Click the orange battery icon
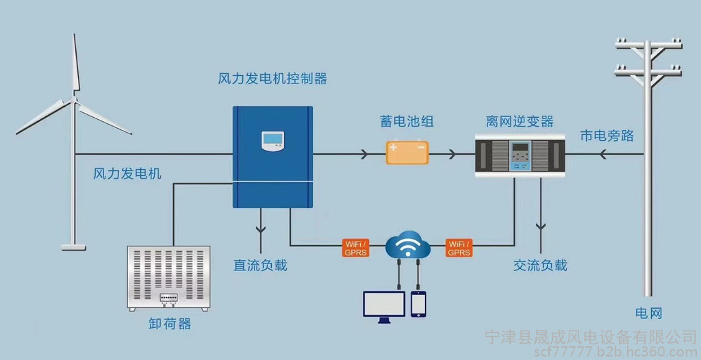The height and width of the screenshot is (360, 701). point(407,152)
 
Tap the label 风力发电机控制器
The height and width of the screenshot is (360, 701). point(272,79)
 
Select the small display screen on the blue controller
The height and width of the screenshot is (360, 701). point(272,141)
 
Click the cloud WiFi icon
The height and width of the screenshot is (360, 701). point(408,244)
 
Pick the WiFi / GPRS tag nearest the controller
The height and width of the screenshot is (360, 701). point(355,248)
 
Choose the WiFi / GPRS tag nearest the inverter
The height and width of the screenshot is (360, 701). point(459,248)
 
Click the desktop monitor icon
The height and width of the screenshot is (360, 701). point(384,307)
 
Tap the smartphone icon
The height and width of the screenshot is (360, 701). point(418,304)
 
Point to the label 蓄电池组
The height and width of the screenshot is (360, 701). point(407,120)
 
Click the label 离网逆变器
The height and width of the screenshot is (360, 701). point(520,120)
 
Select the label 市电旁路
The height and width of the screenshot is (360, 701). point(607,136)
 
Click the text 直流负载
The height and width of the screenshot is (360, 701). point(260,266)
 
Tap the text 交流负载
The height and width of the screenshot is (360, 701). point(540,266)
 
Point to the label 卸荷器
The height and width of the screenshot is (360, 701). point(170,324)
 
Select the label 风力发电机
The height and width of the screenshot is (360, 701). point(127,174)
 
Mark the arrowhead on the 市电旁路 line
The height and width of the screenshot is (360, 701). point(603,154)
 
